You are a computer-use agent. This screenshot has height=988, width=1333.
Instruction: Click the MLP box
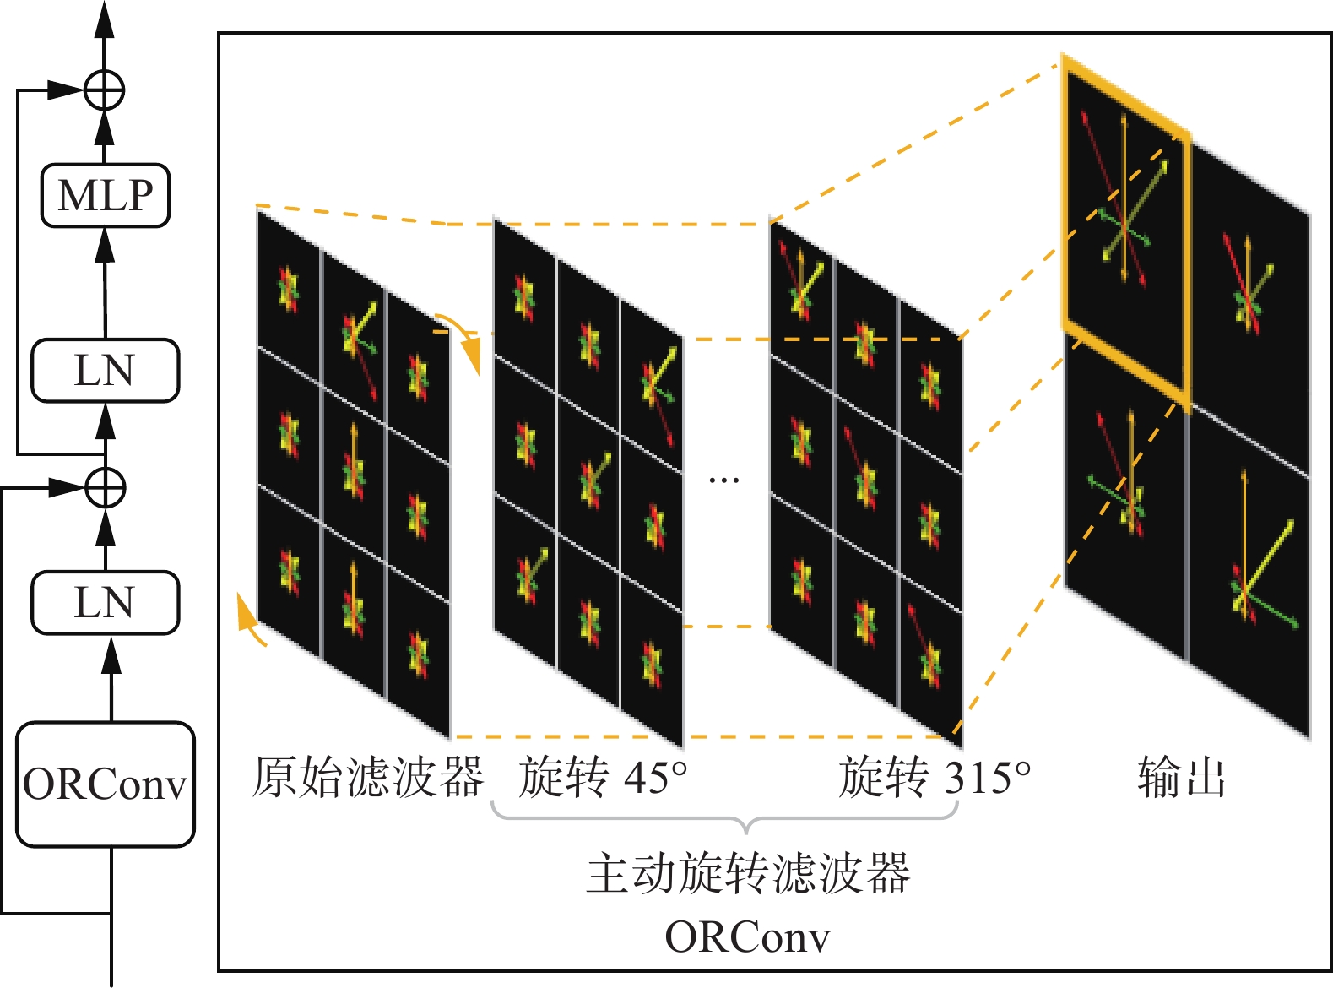tap(106, 196)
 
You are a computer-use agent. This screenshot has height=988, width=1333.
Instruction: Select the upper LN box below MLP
tap(106, 371)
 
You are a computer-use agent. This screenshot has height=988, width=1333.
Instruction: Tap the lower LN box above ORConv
tap(106, 603)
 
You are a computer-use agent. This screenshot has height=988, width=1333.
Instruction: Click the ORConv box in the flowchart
tap(106, 784)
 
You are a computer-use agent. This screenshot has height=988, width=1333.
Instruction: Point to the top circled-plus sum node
tap(105, 90)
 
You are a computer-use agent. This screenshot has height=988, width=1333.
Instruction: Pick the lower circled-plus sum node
tap(106, 487)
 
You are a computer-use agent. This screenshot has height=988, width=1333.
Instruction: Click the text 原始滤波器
tap(368, 777)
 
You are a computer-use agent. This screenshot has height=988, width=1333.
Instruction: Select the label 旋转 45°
tap(603, 777)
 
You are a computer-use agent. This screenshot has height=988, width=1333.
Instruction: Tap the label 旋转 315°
tap(935, 777)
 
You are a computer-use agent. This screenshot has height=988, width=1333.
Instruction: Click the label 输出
tap(1181, 777)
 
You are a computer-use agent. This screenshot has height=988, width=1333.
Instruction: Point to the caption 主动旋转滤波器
tap(748, 873)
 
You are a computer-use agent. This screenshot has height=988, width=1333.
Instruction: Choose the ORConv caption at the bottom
tap(748, 936)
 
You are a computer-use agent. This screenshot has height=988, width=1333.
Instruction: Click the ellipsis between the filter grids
tap(723, 480)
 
